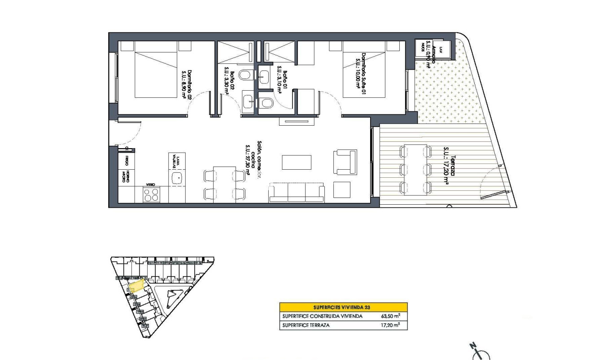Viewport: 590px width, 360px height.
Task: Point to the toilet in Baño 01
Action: tap(267, 104)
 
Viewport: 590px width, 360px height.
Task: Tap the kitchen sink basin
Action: tap(178, 178)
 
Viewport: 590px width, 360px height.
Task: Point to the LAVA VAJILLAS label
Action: tap(178, 160)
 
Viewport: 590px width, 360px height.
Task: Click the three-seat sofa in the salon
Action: tap(296, 193)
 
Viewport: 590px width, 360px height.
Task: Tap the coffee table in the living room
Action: tap(296, 162)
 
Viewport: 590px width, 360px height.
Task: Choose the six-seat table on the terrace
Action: tap(415, 170)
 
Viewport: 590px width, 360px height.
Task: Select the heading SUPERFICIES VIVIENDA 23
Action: tap(343, 307)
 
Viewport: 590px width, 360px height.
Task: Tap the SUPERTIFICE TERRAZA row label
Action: tap(306, 325)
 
